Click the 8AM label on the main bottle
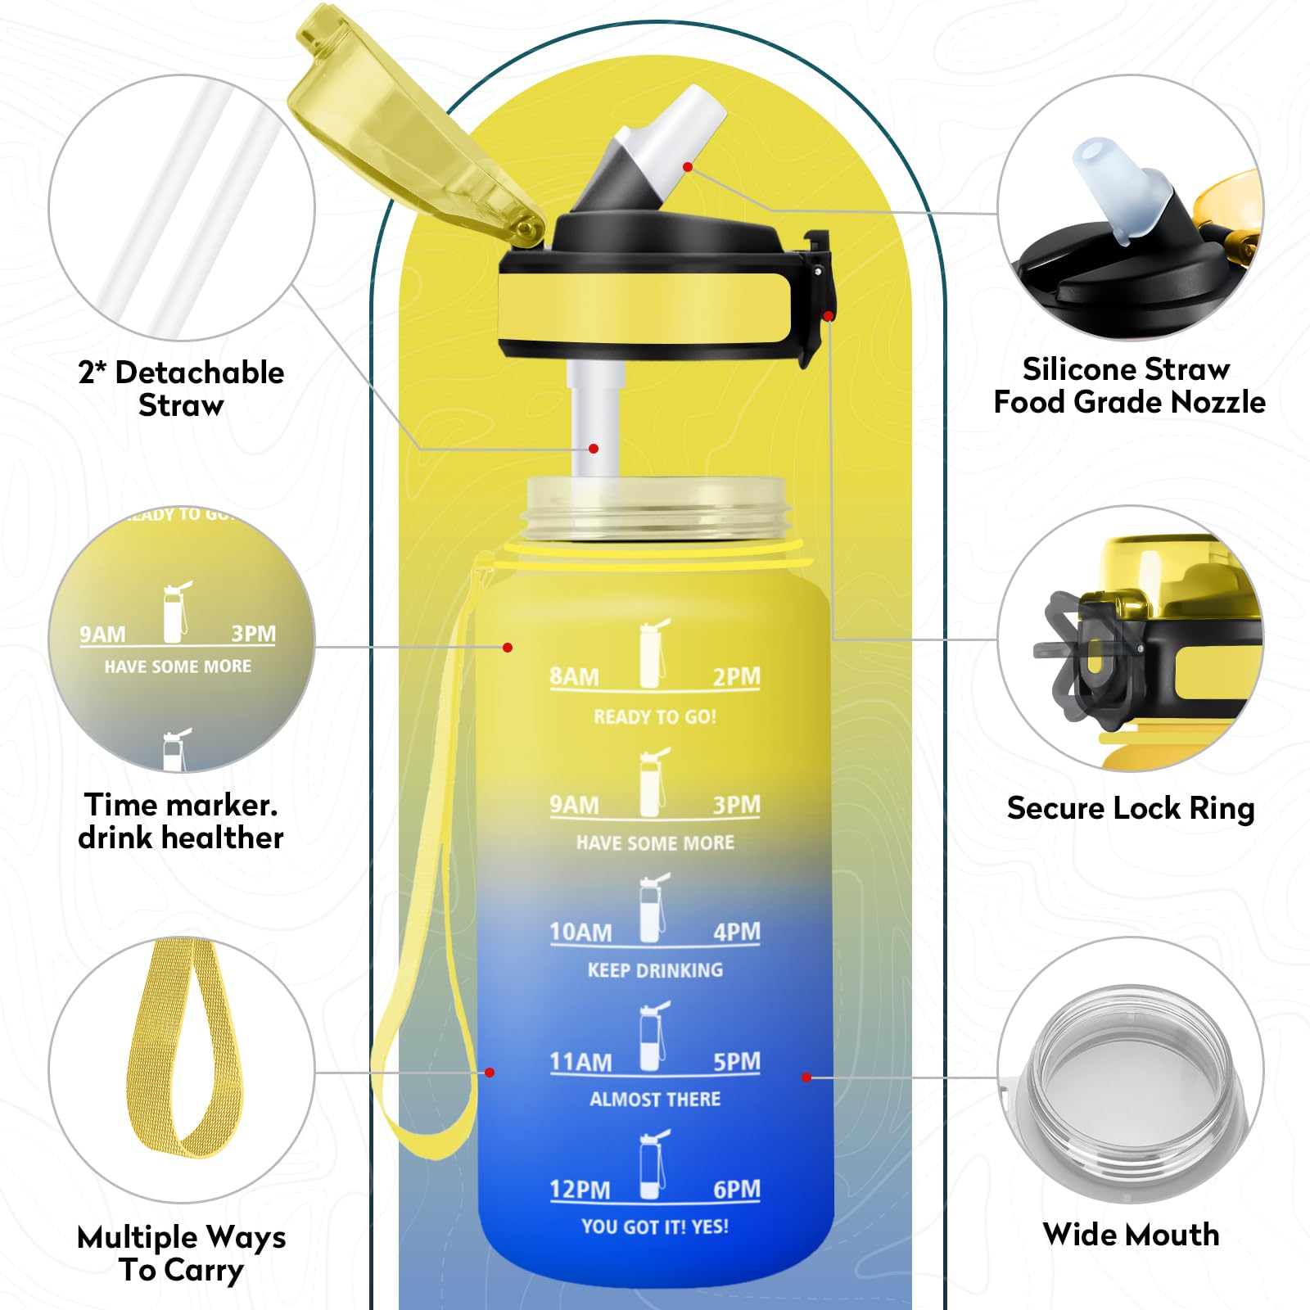pyautogui.click(x=574, y=676)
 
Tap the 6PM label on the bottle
pyautogui.click(x=736, y=1189)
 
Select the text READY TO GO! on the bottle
pyautogui.click(x=655, y=717)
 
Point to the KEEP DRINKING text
pyautogui.click(x=655, y=970)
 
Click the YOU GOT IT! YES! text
pyautogui.click(x=655, y=1226)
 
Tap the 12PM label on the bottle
pyautogui.click(x=580, y=1189)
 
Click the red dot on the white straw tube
pyautogui.click(x=594, y=449)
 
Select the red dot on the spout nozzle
pyautogui.click(x=688, y=167)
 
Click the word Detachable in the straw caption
pyautogui.click(x=199, y=373)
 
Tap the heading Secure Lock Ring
pyautogui.click(x=1130, y=808)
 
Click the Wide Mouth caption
pyautogui.click(x=1130, y=1234)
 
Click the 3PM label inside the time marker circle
pyautogui.click(x=253, y=634)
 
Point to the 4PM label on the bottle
pyautogui.click(x=736, y=932)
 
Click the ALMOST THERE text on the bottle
pyautogui.click(x=655, y=1099)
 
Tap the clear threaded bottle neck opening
pyautogui.click(x=655, y=508)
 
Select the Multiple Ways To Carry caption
pyautogui.click(x=181, y=1253)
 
